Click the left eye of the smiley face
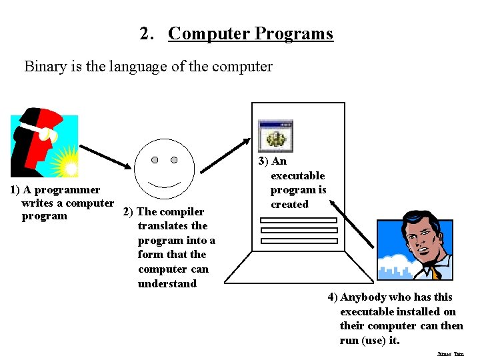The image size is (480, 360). [155, 160]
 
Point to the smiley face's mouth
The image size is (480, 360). [165, 183]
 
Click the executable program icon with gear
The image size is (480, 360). [275, 136]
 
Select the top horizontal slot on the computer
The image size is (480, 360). [289, 219]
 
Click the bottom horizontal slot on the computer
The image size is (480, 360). [289, 241]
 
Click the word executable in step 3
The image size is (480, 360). [297, 175]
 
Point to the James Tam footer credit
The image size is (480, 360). [450, 355]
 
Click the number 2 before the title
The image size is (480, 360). [145, 33]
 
